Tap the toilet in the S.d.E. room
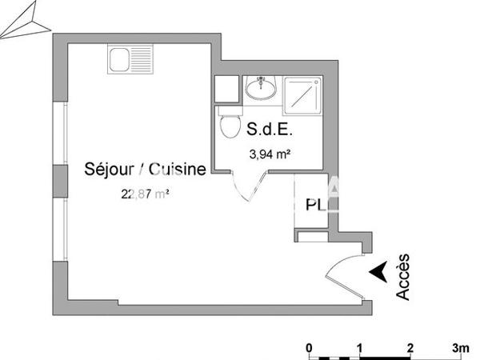(x=230, y=126)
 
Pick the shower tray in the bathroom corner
(x=303, y=94)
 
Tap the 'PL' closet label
(x=316, y=205)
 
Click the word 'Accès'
(x=404, y=277)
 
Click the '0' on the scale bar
(x=310, y=347)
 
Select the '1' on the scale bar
(x=360, y=347)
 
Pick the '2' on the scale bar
(x=410, y=347)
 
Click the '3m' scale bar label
(x=460, y=347)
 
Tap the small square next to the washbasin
(x=227, y=88)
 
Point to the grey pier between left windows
(x=60, y=180)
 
